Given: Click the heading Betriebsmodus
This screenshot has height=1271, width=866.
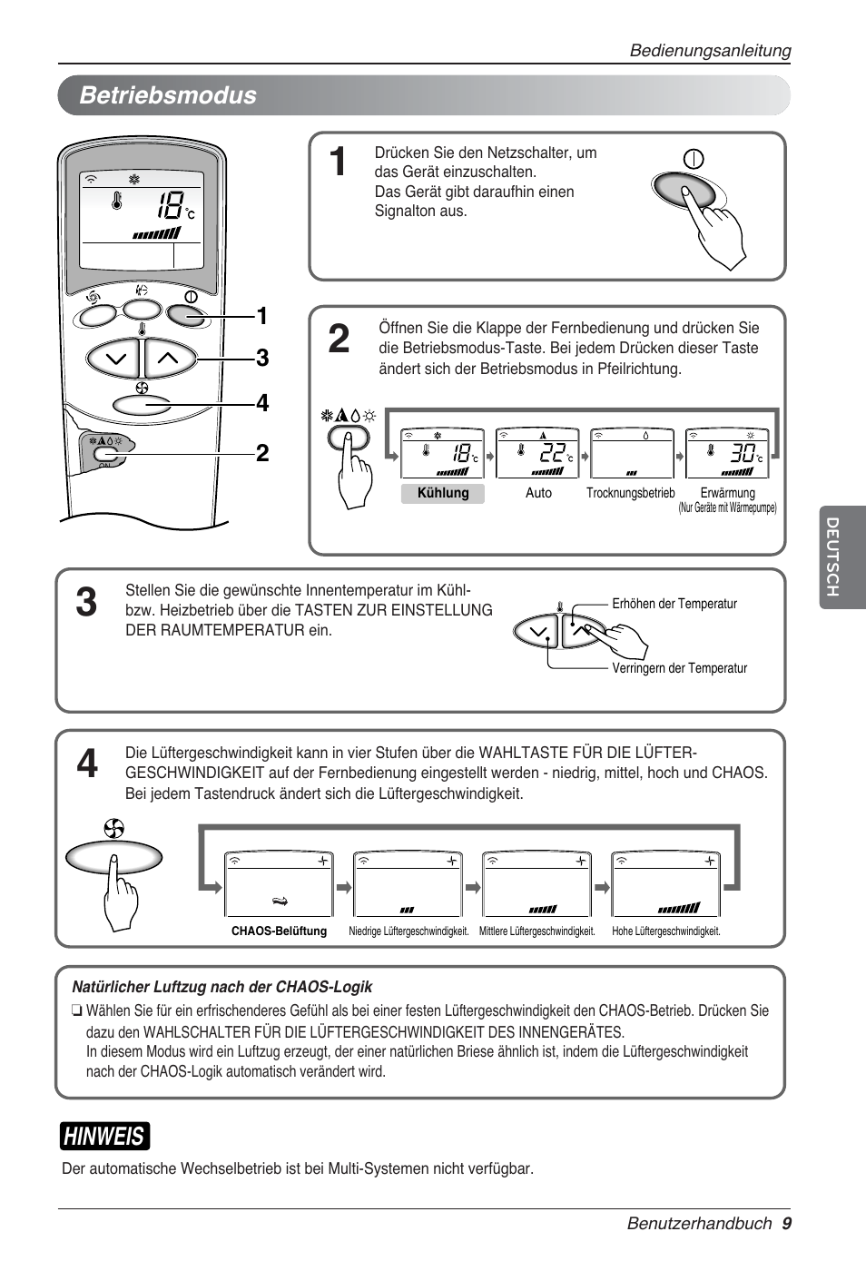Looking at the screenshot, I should click(x=168, y=95).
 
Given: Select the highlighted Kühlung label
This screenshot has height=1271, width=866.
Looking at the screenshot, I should click(x=443, y=493).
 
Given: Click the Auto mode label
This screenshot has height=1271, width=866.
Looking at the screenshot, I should click(x=538, y=493).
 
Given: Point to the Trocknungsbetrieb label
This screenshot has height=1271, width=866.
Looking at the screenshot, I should click(x=630, y=493).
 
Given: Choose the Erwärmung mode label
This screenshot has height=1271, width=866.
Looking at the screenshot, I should click(x=727, y=493).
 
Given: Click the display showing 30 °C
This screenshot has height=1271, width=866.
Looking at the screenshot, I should click(x=726, y=453).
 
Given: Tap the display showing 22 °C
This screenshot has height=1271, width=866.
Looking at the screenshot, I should click(x=537, y=453).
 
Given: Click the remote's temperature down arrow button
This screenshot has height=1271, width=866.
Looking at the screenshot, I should click(x=115, y=359).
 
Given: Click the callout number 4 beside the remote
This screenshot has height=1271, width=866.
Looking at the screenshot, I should click(x=261, y=403).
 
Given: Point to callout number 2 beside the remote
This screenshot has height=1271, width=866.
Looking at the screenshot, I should click(x=261, y=453).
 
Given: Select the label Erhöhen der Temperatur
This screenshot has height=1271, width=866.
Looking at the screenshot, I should click(x=674, y=604).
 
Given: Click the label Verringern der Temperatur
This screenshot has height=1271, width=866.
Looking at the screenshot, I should click(x=679, y=668).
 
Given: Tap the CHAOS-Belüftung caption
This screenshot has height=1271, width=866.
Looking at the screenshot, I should click(x=279, y=931).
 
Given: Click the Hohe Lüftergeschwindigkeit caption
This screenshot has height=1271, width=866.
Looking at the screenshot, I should click(x=665, y=931).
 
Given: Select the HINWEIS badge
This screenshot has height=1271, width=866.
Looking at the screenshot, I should click(x=104, y=1136).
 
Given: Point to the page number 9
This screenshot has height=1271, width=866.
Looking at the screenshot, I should click(x=786, y=1223).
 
